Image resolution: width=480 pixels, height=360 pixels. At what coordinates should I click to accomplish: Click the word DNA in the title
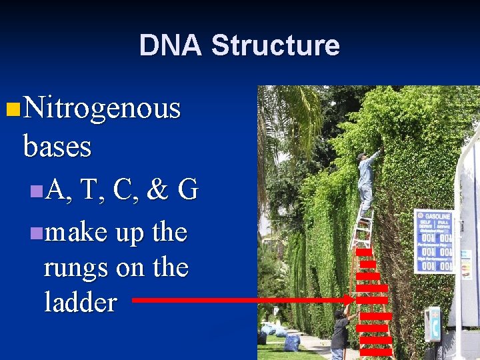click(x=170, y=45)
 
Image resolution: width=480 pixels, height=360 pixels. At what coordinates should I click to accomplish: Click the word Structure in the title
click(x=275, y=45)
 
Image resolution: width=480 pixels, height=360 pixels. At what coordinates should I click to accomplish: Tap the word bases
click(x=57, y=146)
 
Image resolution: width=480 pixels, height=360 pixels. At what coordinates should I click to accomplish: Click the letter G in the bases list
click(x=188, y=191)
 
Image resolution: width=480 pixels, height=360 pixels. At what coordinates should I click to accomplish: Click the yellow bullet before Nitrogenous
click(x=10, y=108)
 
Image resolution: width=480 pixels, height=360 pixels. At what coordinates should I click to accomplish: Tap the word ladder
click(x=80, y=303)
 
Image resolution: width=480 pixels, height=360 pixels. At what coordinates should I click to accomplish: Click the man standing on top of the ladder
click(x=365, y=180)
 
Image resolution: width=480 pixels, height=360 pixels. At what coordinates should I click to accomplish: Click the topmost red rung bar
click(x=364, y=252)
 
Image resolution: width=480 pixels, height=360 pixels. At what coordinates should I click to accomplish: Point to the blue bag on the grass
click(x=292, y=343)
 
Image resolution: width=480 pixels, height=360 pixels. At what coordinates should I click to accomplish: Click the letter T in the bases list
click(x=88, y=191)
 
